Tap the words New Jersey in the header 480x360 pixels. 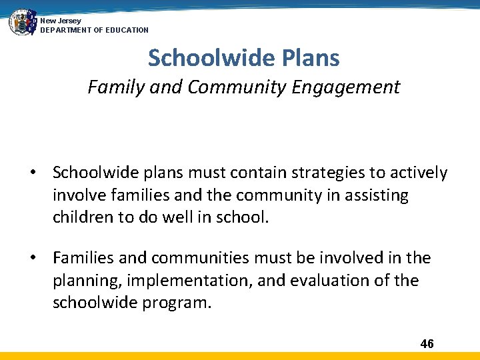pyautogui.click(x=61, y=21)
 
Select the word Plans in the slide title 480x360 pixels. pyautogui.click(x=309, y=58)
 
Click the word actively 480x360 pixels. pyautogui.click(x=418, y=173)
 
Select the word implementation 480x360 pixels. pyautogui.click(x=191, y=281)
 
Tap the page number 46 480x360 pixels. pyautogui.click(x=427, y=344)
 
